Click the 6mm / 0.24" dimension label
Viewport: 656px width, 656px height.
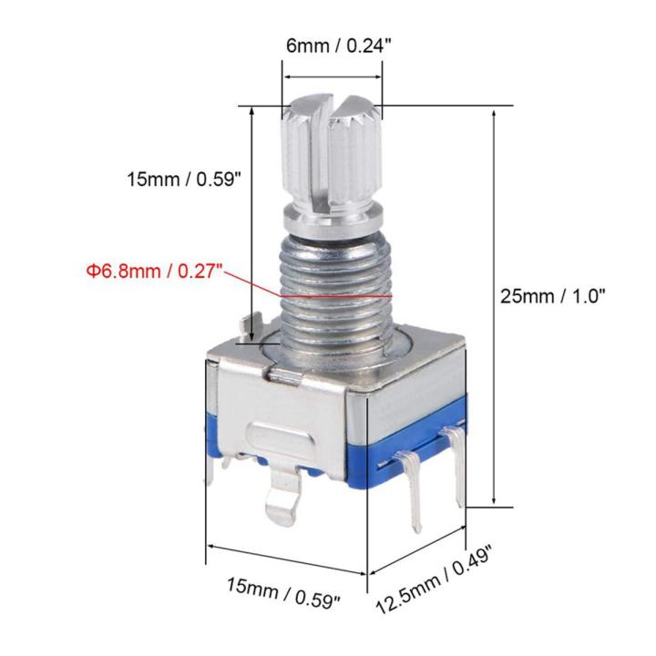pyautogui.click(x=329, y=44)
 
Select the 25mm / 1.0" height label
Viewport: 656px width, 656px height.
pyautogui.click(x=553, y=295)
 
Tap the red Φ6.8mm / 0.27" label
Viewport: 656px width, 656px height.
pyautogui.click(x=156, y=271)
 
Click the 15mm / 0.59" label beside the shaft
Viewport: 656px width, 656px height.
pyautogui.click(x=182, y=179)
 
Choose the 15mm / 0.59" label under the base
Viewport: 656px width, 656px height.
pyautogui.click(x=283, y=594)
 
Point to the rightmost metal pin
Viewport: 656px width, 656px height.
pyautogui.click(x=456, y=469)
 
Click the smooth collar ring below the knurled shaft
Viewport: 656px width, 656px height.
pyautogui.click(x=329, y=219)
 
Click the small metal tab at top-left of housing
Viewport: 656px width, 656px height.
pyautogui.click(x=248, y=323)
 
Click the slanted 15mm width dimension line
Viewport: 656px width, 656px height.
pyautogui.click(x=287, y=558)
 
